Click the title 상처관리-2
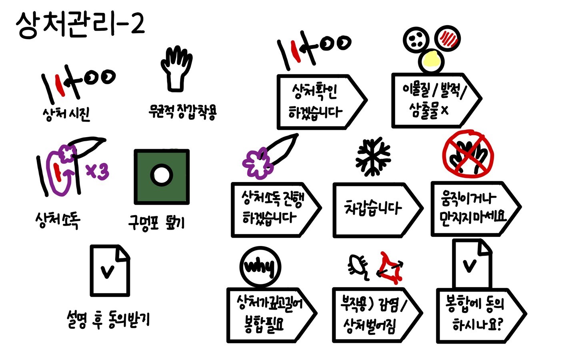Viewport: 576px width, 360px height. pos(80,25)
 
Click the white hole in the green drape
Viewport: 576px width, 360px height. pos(162,175)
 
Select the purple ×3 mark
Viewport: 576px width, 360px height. pos(98,171)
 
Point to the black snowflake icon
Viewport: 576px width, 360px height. pos(373,157)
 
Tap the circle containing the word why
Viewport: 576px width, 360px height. pos(260,267)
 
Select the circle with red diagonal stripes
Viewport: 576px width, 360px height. pos(448,38)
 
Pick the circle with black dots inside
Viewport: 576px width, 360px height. pos(416,40)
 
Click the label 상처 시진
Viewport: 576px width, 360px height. pos(66,115)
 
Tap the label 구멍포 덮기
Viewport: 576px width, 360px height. pos(157,223)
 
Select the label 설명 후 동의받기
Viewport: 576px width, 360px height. pos(108,320)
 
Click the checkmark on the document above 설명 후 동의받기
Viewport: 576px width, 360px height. pos(108,272)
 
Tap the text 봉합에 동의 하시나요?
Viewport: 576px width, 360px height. pos(475,314)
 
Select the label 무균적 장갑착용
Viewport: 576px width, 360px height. pos(182,112)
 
